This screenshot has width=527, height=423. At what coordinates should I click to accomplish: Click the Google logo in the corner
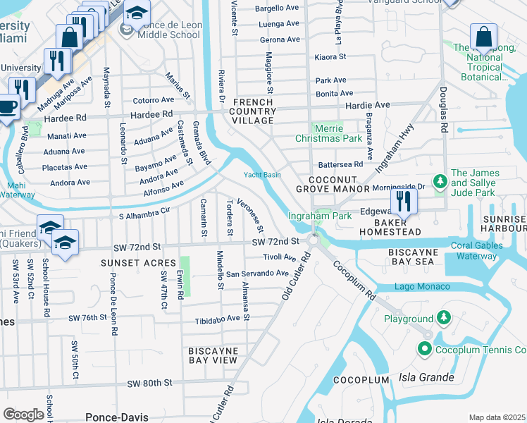24,415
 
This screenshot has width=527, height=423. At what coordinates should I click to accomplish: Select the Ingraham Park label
320,216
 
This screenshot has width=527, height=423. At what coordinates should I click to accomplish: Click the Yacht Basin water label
261,176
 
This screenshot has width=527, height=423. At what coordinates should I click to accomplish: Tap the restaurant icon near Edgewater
404,201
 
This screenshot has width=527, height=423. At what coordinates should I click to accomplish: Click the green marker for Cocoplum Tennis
424,349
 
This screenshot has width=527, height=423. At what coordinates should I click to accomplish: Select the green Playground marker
443,318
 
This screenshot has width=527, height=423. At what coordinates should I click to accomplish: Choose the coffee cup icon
7,108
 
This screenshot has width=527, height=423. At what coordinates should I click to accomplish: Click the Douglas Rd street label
443,114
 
